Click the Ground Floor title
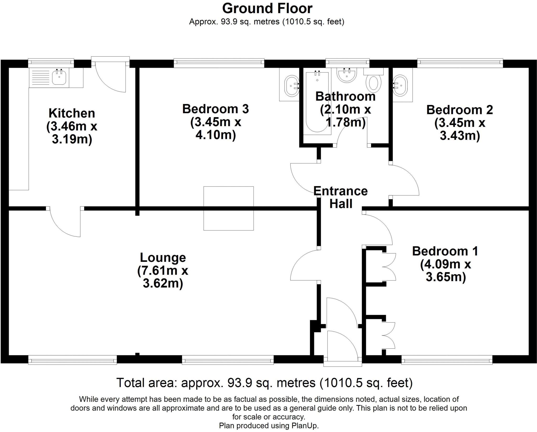point(267,8)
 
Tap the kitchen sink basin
point(59,77)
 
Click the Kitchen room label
point(72,113)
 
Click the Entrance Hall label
point(340,197)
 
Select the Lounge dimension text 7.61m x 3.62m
point(163,277)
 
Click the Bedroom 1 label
point(445,251)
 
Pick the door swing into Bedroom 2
point(404,181)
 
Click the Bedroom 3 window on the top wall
point(219,62)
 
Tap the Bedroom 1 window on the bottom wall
point(447,361)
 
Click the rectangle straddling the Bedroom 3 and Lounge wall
point(228,208)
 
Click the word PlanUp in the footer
point(304,426)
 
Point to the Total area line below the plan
point(264,383)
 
